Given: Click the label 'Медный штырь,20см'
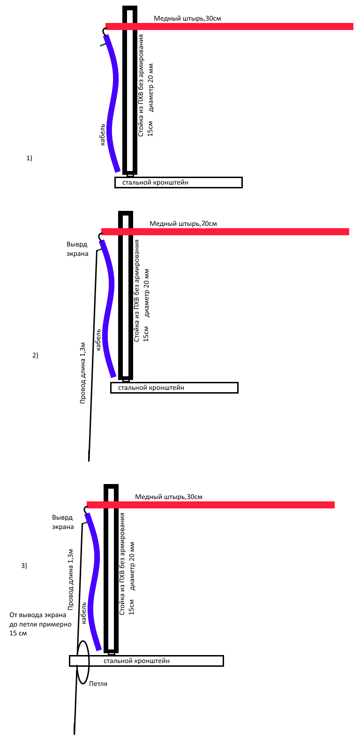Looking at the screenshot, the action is (x=183, y=224).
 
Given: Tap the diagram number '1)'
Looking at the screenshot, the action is (x=30, y=158).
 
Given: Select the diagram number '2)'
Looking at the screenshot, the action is (x=35, y=355).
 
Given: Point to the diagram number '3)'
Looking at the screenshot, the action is (x=24, y=566).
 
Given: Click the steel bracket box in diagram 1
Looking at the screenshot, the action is (x=178, y=183).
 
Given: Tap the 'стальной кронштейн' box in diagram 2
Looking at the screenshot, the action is (x=174, y=388).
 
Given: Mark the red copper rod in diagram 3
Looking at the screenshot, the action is (x=210, y=505).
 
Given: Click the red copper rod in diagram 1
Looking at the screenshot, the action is (x=229, y=26).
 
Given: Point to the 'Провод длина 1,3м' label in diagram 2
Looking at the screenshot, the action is (x=83, y=373).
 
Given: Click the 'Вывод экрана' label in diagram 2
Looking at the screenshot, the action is (x=77, y=249).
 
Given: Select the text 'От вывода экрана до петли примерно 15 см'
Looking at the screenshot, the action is (x=40, y=624).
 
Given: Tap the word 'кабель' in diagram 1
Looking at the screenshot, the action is (x=103, y=135).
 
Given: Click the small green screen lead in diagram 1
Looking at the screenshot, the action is (x=104, y=45).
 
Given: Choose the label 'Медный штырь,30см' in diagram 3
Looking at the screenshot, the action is (x=168, y=497).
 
